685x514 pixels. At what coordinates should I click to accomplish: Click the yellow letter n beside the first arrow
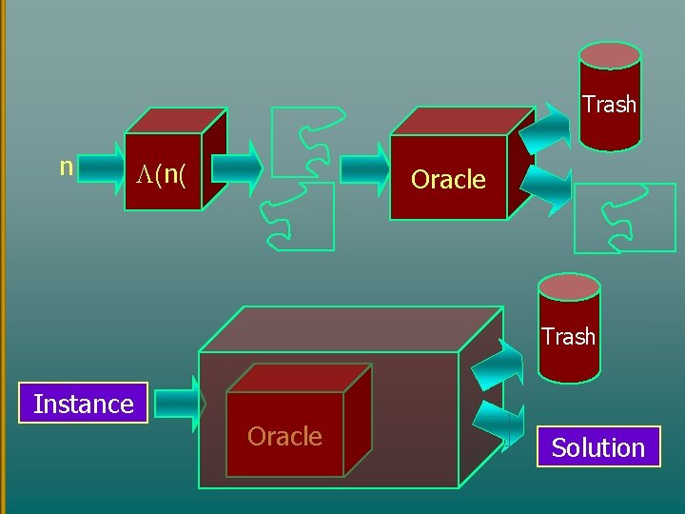click(66, 168)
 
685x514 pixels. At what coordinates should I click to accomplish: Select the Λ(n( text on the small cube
click(161, 175)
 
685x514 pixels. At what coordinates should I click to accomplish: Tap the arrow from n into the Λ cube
click(102, 168)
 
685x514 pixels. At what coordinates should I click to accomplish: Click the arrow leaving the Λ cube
click(237, 168)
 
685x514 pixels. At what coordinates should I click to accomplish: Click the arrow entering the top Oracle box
click(364, 169)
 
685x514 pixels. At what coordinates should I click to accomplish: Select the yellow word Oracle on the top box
click(448, 179)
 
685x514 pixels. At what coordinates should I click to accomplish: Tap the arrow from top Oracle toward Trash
click(545, 128)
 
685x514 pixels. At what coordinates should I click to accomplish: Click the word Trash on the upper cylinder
click(609, 104)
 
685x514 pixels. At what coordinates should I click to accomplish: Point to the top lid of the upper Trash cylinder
click(610, 55)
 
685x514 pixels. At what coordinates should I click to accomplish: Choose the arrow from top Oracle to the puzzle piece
click(546, 190)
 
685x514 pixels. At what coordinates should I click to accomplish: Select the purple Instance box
click(83, 403)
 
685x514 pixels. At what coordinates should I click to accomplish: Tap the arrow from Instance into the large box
click(180, 405)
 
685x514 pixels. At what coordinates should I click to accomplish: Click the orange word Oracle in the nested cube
click(284, 436)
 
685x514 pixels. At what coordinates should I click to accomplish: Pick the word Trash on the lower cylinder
click(568, 337)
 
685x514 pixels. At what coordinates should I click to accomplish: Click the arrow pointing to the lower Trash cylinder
click(498, 364)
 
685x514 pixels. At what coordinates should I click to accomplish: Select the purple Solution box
click(598, 447)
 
